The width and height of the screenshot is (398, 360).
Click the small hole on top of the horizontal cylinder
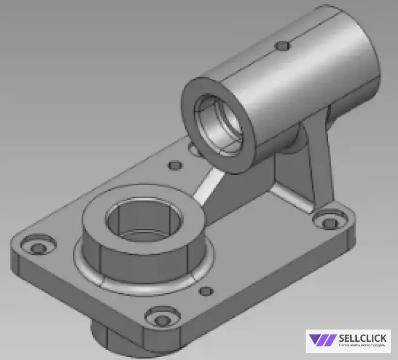283,45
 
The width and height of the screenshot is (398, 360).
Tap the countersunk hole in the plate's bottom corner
162,320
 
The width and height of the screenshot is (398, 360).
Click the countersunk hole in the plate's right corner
330,222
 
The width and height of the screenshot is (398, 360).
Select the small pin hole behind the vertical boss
175,165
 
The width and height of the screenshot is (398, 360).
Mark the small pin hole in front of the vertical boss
206,292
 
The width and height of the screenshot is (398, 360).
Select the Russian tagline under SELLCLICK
361,346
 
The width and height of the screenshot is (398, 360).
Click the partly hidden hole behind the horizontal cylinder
192,149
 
